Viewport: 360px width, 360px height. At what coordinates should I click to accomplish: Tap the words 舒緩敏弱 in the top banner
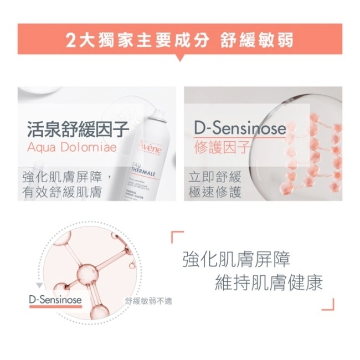(x=257, y=40)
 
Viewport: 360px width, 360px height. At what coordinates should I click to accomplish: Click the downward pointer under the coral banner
(x=180, y=58)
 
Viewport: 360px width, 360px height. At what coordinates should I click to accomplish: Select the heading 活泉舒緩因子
(x=78, y=129)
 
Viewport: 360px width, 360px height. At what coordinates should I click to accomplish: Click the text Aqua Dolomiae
(x=72, y=147)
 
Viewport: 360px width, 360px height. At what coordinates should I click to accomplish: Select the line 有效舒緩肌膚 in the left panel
(x=61, y=192)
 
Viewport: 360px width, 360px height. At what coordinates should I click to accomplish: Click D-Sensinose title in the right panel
(x=240, y=128)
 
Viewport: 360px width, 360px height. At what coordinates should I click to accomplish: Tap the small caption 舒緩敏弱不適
(x=148, y=301)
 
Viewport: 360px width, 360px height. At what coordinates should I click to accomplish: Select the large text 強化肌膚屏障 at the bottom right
(x=236, y=260)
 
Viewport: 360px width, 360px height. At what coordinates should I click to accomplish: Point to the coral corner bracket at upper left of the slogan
(x=177, y=236)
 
